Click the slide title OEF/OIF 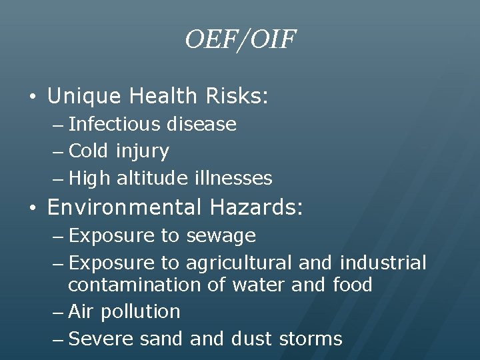pyautogui.click(x=240, y=41)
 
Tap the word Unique pyautogui.click(x=84, y=97)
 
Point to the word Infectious pyautogui.click(x=114, y=124)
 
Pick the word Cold pyautogui.click(x=89, y=151)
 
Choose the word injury pyautogui.click(x=142, y=151)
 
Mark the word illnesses pyautogui.click(x=234, y=178)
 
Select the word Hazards pyautogui.click(x=256, y=208)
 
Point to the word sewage pyautogui.click(x=221, y=235)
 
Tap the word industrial pyautogui.click(x=383, y=263)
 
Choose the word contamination pyautogui.click(x=147, y=285)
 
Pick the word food pyautogui.click(x=351, y=285)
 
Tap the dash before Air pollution pyautogui.click(x=57, y=312)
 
